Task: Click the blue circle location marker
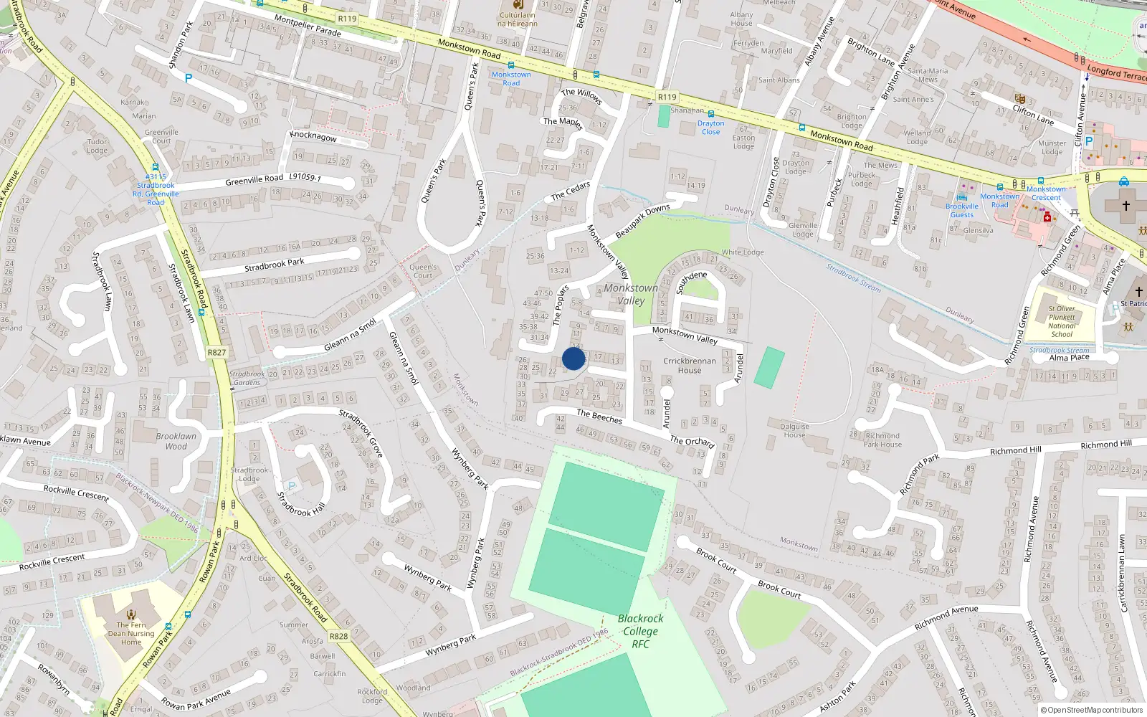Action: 573,358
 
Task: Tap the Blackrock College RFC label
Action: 640,631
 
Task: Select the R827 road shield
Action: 216,352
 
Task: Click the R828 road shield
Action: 338,636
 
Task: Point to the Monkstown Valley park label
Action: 631,294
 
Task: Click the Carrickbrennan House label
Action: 689,366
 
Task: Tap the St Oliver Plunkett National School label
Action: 1062,321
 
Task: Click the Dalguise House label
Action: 794,430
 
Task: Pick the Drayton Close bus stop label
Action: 710,128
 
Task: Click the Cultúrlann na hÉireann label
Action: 517,19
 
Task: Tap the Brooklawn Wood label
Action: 176,441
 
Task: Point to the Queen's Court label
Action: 423,271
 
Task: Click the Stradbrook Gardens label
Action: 247,378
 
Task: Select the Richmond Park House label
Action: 882,440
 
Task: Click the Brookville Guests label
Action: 962,210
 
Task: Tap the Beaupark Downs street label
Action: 642,221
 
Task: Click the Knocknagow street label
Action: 313,136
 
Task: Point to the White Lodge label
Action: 743,252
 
